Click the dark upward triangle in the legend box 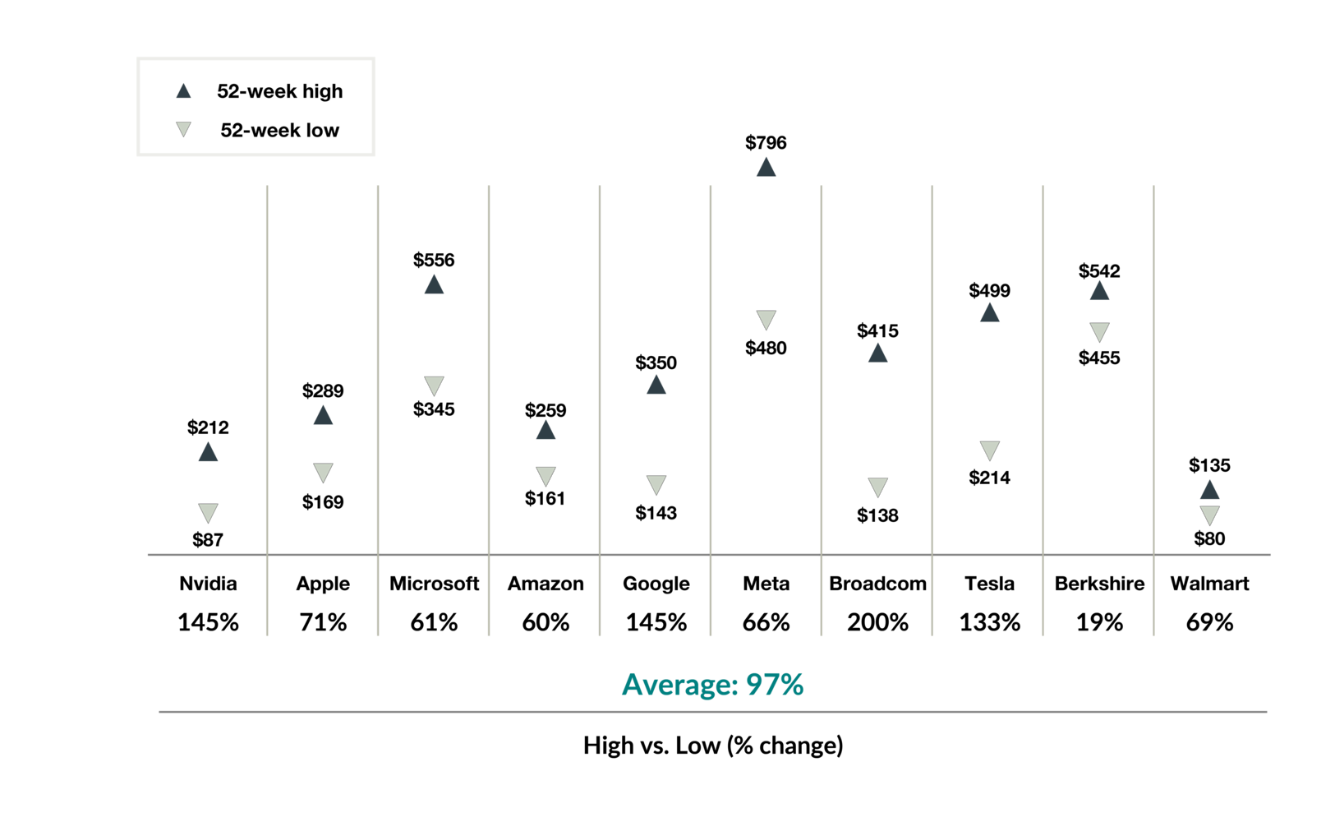[183, 91]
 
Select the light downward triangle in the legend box [183, 128]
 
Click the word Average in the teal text [679, 685]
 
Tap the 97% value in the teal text [775, 685]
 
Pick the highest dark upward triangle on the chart [766, 167]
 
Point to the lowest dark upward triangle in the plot [1209, 490]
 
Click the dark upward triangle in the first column [208, 452]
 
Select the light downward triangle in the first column [208, 513]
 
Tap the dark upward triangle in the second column [323, 415]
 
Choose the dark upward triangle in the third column [434, 284]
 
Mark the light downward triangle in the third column [434, 386]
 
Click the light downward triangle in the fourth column [546, 476]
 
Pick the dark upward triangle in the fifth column [656, 385]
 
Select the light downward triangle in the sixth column [766, 320]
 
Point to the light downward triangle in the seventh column [877, 487]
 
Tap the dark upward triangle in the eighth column [989, 312]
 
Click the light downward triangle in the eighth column [989, 450]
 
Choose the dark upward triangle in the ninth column [1099, 290]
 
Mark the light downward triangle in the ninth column [1099, 332]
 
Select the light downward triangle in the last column [1209, 515]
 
